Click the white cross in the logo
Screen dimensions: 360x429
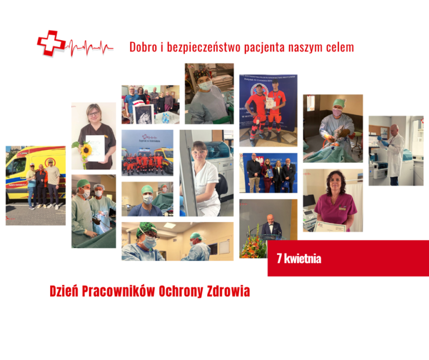coord(51,43)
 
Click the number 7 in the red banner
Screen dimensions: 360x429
coord(279,259)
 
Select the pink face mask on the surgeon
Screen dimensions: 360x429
coord(337,112)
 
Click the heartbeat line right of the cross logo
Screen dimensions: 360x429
coord(89,48)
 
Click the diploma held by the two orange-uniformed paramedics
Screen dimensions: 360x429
coord(270,102)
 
